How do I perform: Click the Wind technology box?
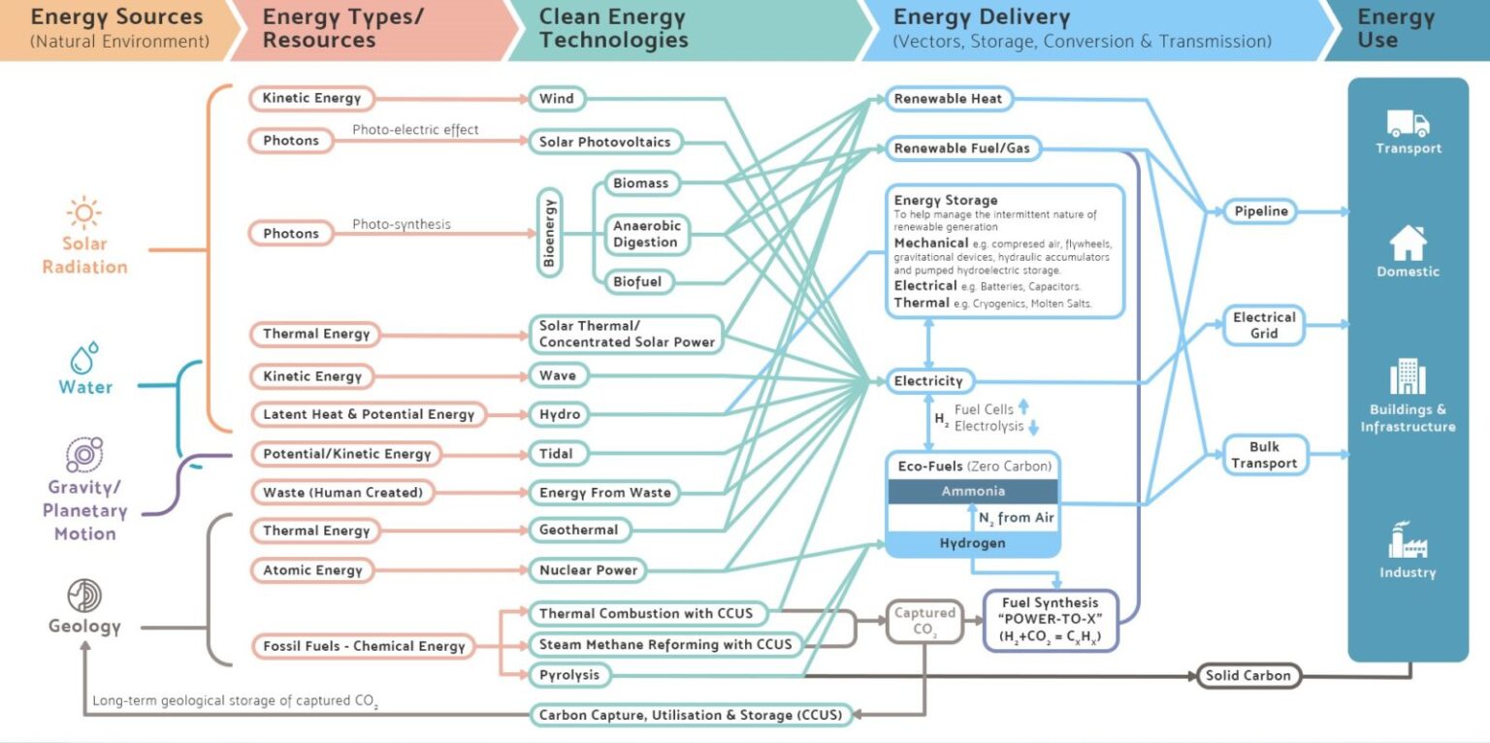pyautogui.click(x=557, y=98)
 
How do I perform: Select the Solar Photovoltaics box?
pyautogui.click(x=604, y=142)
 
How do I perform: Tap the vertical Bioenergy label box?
pyautogui.click(x=550, y=233)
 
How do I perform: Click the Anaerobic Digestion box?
pyautogui.click(x=647, y=234)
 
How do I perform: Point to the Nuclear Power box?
pyautogui.click(x=588, y=570)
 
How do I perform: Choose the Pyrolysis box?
pyautogui.click(x=569, y=674)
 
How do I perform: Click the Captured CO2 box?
pyautogui.click(x=924, y=621)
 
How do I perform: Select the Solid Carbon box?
pyautogui.click(x=1247, y=675)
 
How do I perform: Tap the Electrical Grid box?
pyautogui.click(x=1264, y=325)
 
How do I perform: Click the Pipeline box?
pyautogui.click(x=1261, y=210)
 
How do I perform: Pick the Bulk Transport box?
pyautogui.click(x=1264, y=455)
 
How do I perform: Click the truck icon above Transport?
pyautogui.click(x=1408, y=123)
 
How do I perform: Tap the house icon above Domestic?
pyautogui.click(x=1408, y=243)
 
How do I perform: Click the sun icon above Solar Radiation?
pyautogui.click(x=84, y=212)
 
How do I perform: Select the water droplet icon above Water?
pyautogui.click(x=85, y=357)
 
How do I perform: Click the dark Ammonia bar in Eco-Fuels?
pyautogui.click(x=973, y=492)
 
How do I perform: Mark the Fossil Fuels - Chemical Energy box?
pyautogui.click(x=364, y=646)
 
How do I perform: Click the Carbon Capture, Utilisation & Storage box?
pyautogui.click(x=692, y=715)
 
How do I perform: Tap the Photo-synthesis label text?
pyautogui.click(x=402, y=224)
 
